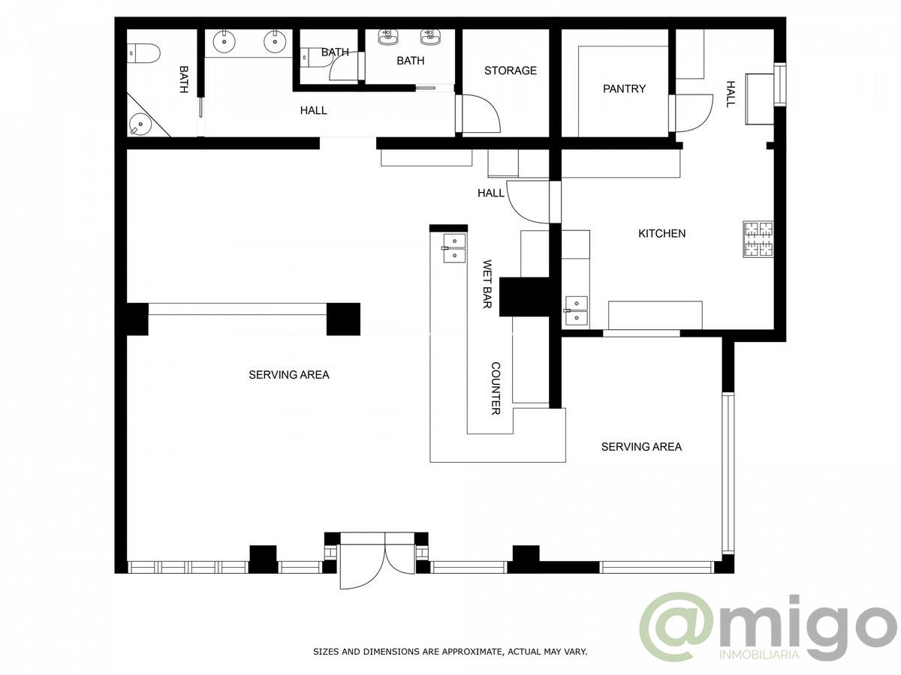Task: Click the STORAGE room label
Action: tap(511, 70)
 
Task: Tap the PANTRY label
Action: tap(624, 88)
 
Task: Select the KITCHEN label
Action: tap(661, 233)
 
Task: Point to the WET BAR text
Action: tap(487, 283)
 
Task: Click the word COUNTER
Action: tap(496, 388)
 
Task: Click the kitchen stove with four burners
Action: tap(758, 239)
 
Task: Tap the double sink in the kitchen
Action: tap(577, 310)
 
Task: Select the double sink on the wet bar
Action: tap(454, 248)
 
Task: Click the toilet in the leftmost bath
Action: tap(143, 54)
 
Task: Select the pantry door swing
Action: tap(695, 112)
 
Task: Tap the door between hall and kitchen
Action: tap(529, 202)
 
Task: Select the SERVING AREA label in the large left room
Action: tap(288, 374)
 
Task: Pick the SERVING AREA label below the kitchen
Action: tap(641, 446)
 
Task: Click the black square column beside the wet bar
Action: tap(524, 297)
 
